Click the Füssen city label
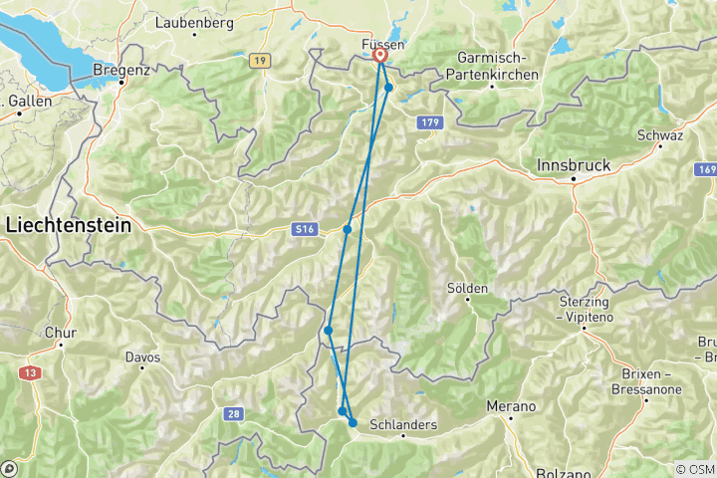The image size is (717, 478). click(383, 45)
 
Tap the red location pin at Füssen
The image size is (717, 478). click(380, 58)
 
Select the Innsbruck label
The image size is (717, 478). click(576, 164)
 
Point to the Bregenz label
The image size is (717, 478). click(120, 70)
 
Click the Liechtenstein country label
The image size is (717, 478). click(69, 226)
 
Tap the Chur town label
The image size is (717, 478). click(60, 334)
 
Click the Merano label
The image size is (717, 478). click(511, 406)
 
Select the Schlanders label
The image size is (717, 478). click(403, 424)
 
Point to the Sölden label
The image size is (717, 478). click(467, 288)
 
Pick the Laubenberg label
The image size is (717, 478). click(194, 21)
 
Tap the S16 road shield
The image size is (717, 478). click(305, 230)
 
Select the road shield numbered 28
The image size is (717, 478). click(232, 412)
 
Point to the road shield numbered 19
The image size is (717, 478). click(261, 62)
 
